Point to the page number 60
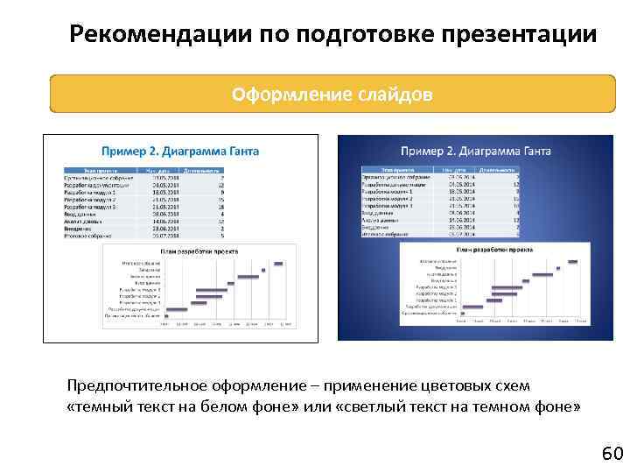coord(612,453)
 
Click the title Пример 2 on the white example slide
coord(131,151)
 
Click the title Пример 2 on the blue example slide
coord(431,151)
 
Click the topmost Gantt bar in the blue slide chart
coord(572,260)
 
